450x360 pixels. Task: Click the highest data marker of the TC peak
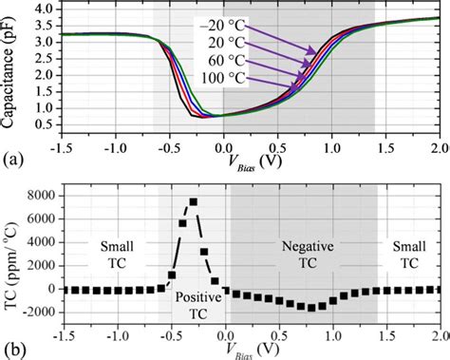(194, 201)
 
